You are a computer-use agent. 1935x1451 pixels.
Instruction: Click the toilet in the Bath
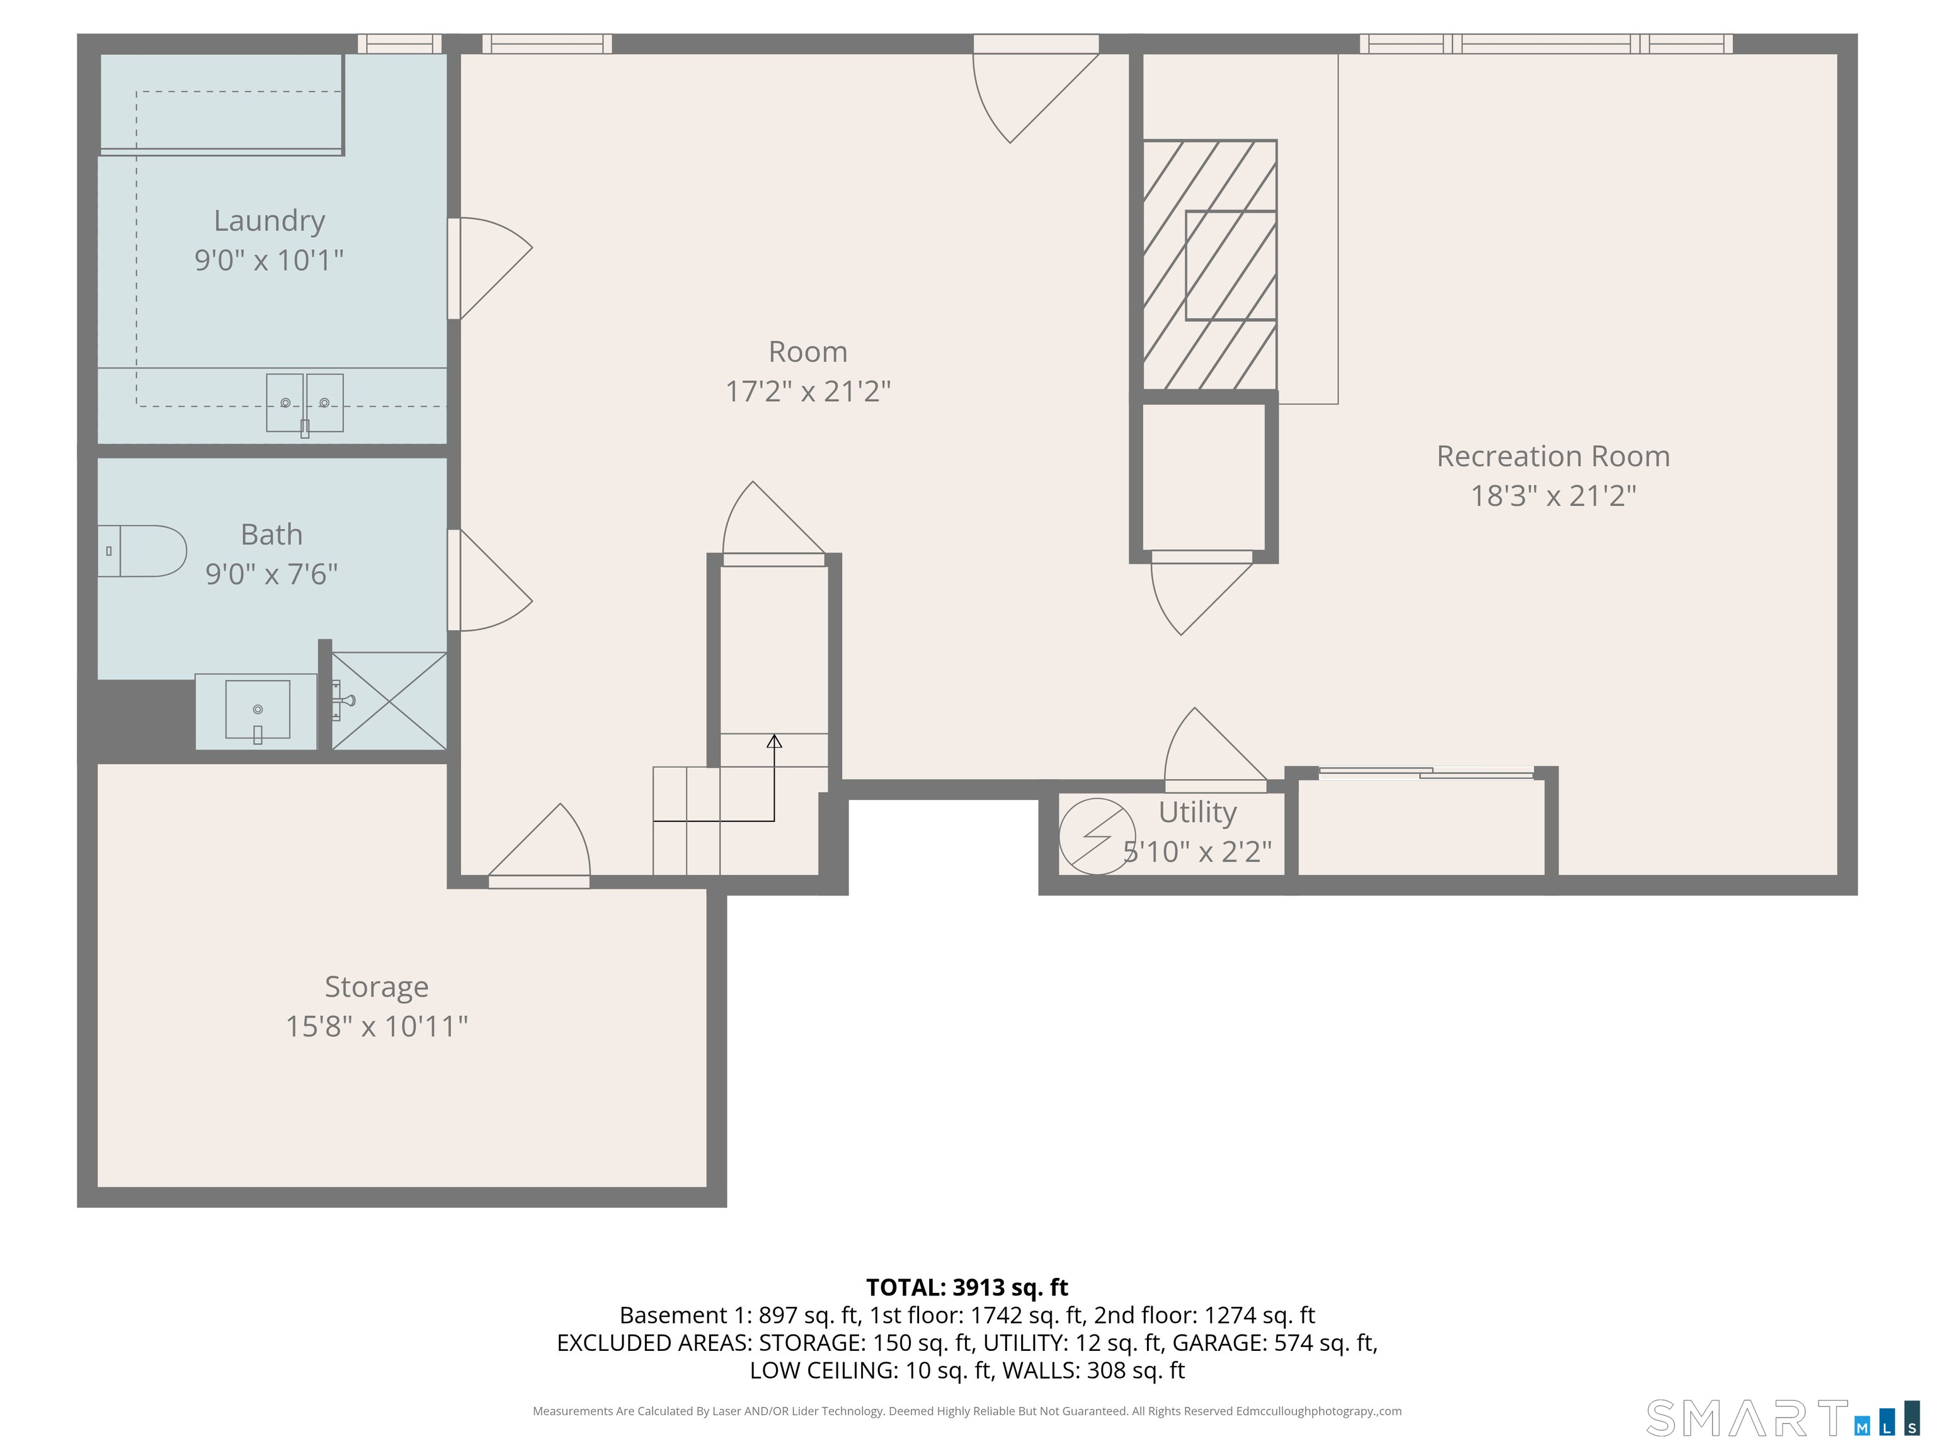click(144, 551)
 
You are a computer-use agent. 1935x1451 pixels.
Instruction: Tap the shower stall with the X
click(389, 700)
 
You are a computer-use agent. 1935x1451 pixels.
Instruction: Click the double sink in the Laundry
click(304, 402)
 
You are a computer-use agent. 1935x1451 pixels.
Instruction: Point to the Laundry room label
click(270, 220)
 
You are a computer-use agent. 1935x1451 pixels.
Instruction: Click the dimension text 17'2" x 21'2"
click(808, 391)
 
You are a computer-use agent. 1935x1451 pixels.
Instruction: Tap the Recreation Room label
click(1553, 457)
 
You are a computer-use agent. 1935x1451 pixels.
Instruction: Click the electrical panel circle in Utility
click(1097, 836)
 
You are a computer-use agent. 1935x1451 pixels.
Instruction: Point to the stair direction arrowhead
click(774, 742)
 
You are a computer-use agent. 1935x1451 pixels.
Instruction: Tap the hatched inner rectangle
click(1230, 265)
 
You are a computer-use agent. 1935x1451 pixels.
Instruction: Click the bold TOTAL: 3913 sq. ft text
click(967, 1287)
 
